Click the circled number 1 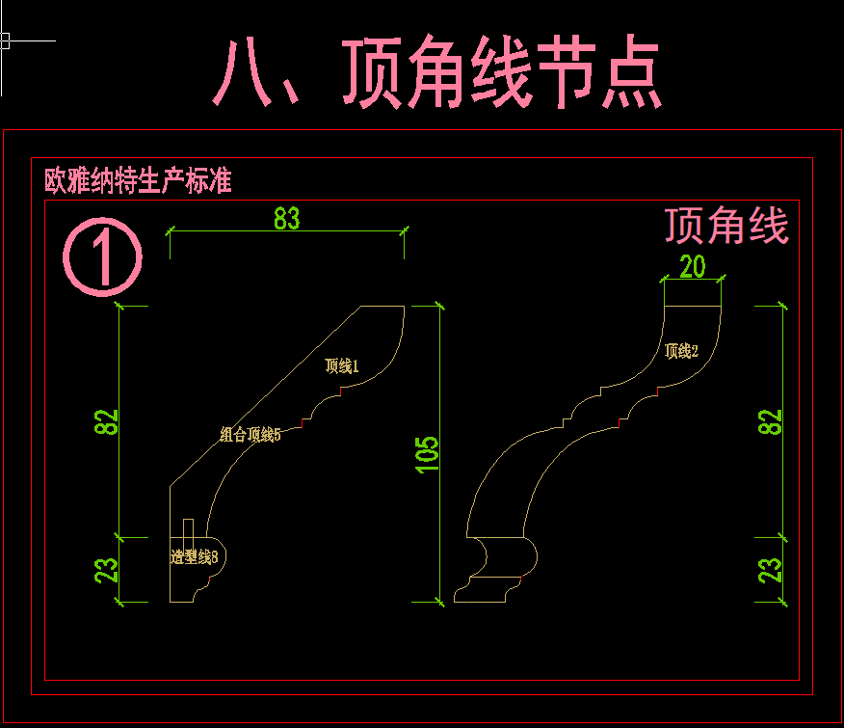[x=102, y=257]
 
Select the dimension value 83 [x=286, y=219]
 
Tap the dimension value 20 [x=693, y=266]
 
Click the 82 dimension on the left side [x=107, y=421]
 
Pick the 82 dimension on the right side [x=771, y=421]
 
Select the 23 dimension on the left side [x=107, y=570]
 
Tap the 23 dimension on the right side [x=771, y=570]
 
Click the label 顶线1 [x=342, y=366]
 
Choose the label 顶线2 [x=681, y=351]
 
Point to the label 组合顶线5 [x=251, y=435]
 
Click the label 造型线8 [x=194, y=556]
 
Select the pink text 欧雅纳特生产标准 [x=139, y=181]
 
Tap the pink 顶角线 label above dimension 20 [x=726, y=226]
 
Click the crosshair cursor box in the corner [x=5, y=40]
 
